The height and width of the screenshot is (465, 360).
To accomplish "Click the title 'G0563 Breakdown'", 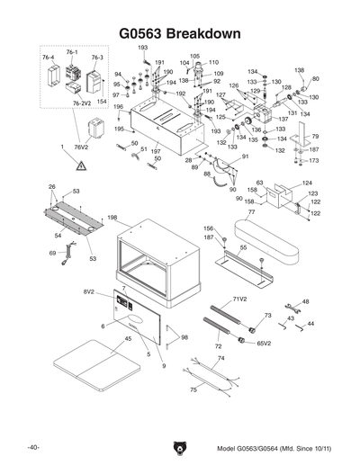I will pos(180,32).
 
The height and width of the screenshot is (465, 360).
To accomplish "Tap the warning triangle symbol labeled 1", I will pos(81,165).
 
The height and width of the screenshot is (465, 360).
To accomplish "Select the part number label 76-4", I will pos(49,56).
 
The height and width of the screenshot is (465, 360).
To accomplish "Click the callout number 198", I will pos(112,218).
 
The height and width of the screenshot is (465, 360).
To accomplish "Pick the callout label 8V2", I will pos(90,292).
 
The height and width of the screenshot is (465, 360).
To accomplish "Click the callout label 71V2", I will pos(240,298).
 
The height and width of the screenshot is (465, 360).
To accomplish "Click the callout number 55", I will pos(242,246).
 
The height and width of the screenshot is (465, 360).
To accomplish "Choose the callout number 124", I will pos(307,183).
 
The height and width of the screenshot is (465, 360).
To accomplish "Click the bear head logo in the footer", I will pos(179,447).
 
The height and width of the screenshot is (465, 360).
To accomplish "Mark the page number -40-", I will pos(32,447).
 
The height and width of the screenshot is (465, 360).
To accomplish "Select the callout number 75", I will pos(193,389).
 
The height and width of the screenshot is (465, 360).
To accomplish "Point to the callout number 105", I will pos(194,56).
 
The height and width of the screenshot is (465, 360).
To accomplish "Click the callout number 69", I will pos(52,254).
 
